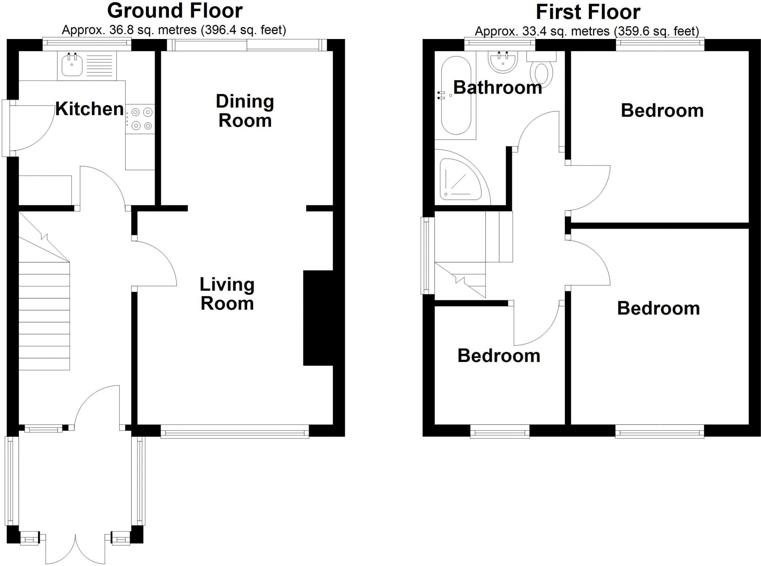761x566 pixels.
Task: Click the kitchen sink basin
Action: pyautogui.click(x=72, y=65)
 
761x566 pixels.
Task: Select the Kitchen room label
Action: pyautogui.click(x=90, y=109)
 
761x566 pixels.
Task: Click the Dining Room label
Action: pyautogui.click(x=245, y=111)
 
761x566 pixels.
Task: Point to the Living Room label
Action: pyautogui.click(x=227, y=294)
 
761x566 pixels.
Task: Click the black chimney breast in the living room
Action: pyautogui.click(x=318, y=318)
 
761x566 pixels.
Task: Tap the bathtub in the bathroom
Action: pyautogui.click(x=456, y=96)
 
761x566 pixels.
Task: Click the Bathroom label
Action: pyautogui.click(x=497, y=88)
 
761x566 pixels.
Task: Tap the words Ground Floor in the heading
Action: pyautogui.click(x=175, y=11)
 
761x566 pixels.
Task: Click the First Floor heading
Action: pyautogui.click(x=588, y=12)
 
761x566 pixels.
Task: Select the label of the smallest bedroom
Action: pyautogui.click(x=498, y=356)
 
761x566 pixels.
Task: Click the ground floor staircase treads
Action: pyautogui.click(x=44, y=316)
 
